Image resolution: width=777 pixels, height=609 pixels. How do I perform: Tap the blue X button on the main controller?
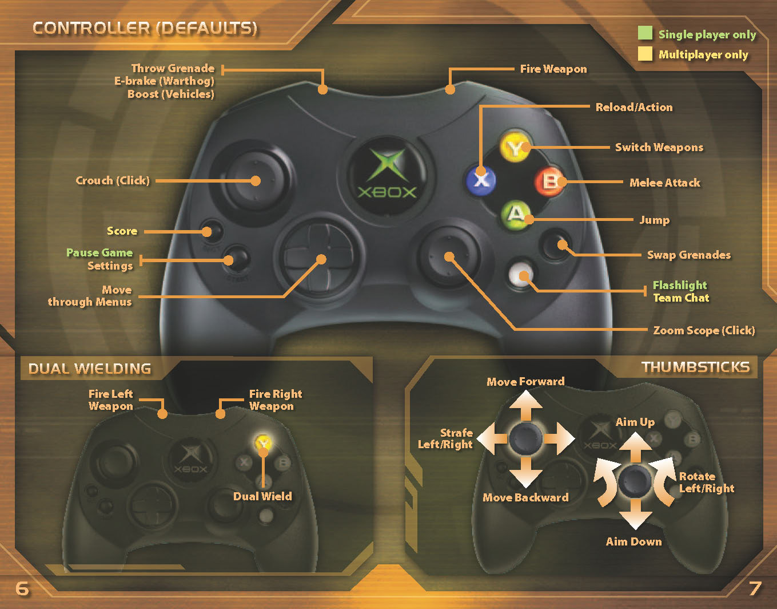coord(481,180)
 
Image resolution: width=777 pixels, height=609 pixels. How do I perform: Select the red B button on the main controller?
coord(549,181)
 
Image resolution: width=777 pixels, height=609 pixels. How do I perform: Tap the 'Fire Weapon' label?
coord(553,69)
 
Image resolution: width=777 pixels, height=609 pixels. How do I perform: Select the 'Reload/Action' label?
coord(633,107)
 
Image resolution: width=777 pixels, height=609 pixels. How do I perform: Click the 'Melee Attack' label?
coord(664,183)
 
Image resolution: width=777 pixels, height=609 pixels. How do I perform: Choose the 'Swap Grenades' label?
coord(688,255)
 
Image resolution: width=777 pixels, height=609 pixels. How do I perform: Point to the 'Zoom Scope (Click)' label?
coord(703,330)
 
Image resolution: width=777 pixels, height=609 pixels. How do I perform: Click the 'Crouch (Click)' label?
coord(113,180)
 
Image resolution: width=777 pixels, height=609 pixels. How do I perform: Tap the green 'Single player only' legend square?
coord(645,33)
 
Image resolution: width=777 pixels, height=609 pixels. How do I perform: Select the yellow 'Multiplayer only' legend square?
coord(645,54)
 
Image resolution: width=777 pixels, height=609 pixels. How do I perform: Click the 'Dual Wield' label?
coord(262,496)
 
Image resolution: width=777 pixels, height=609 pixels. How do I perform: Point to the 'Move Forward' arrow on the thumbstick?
coord(525,407)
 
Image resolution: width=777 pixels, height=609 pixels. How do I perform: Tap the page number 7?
coord(755,588)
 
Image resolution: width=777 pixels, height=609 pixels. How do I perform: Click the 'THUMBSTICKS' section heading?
coord(695,367)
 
